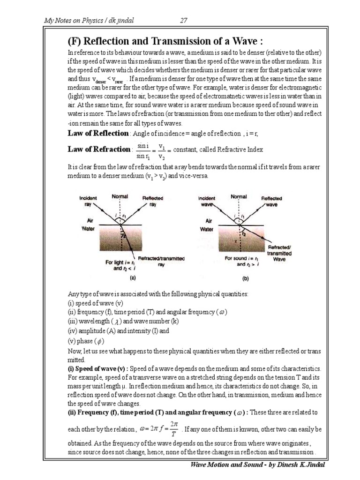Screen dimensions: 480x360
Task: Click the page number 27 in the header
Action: click(184, 20)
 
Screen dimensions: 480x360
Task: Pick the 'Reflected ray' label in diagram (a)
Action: click(153, 201)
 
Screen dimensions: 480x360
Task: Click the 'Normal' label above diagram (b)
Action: click(239, 197)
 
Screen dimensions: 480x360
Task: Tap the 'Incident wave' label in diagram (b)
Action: click(207, 201)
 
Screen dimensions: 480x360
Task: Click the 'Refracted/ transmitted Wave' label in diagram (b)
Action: click(279, 253)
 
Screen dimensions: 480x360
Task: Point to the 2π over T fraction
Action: click(172, 429)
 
